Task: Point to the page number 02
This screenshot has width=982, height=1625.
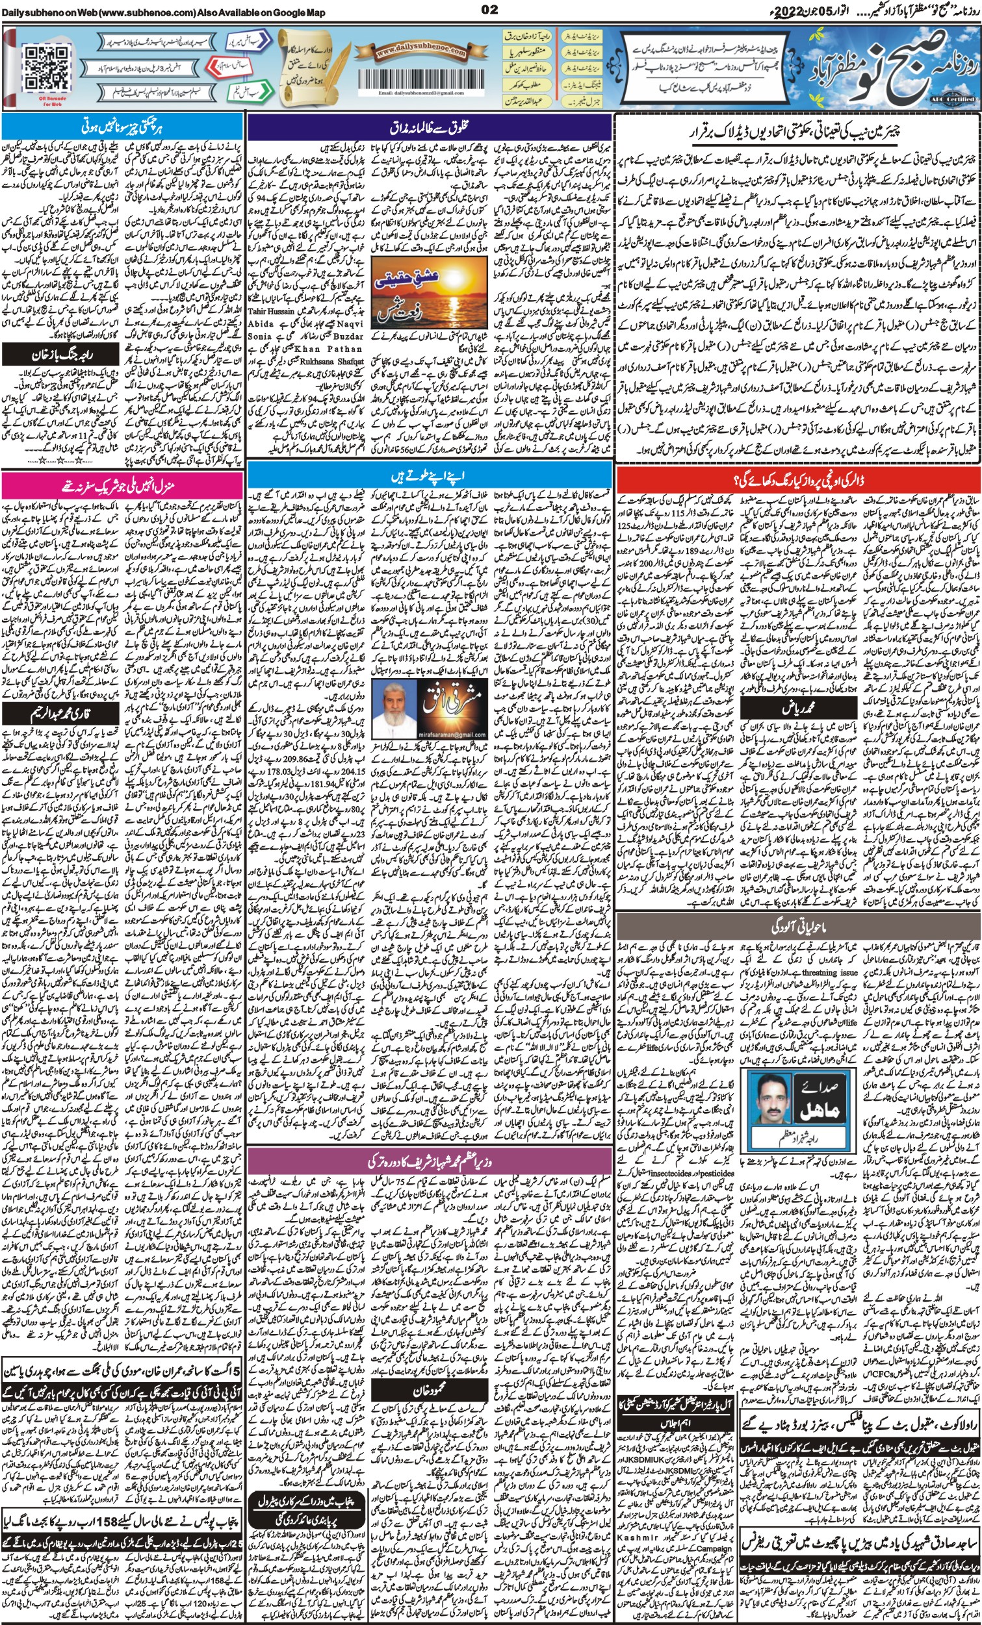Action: coord(489,9)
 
